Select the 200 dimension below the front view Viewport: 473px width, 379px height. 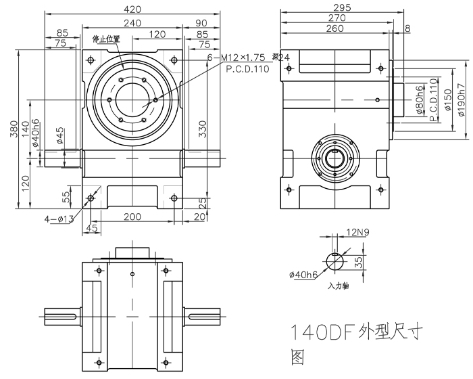(132, 216)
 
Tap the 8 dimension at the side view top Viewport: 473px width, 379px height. (407, 28)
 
